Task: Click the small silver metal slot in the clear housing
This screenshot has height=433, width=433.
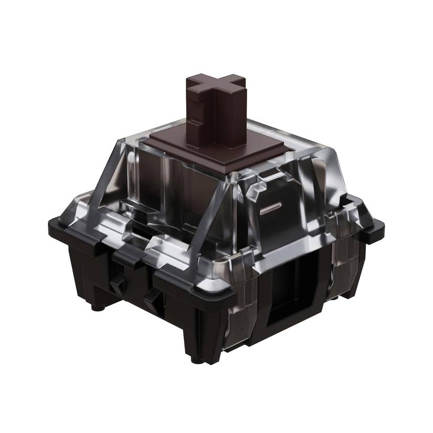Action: tap(271, 208)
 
